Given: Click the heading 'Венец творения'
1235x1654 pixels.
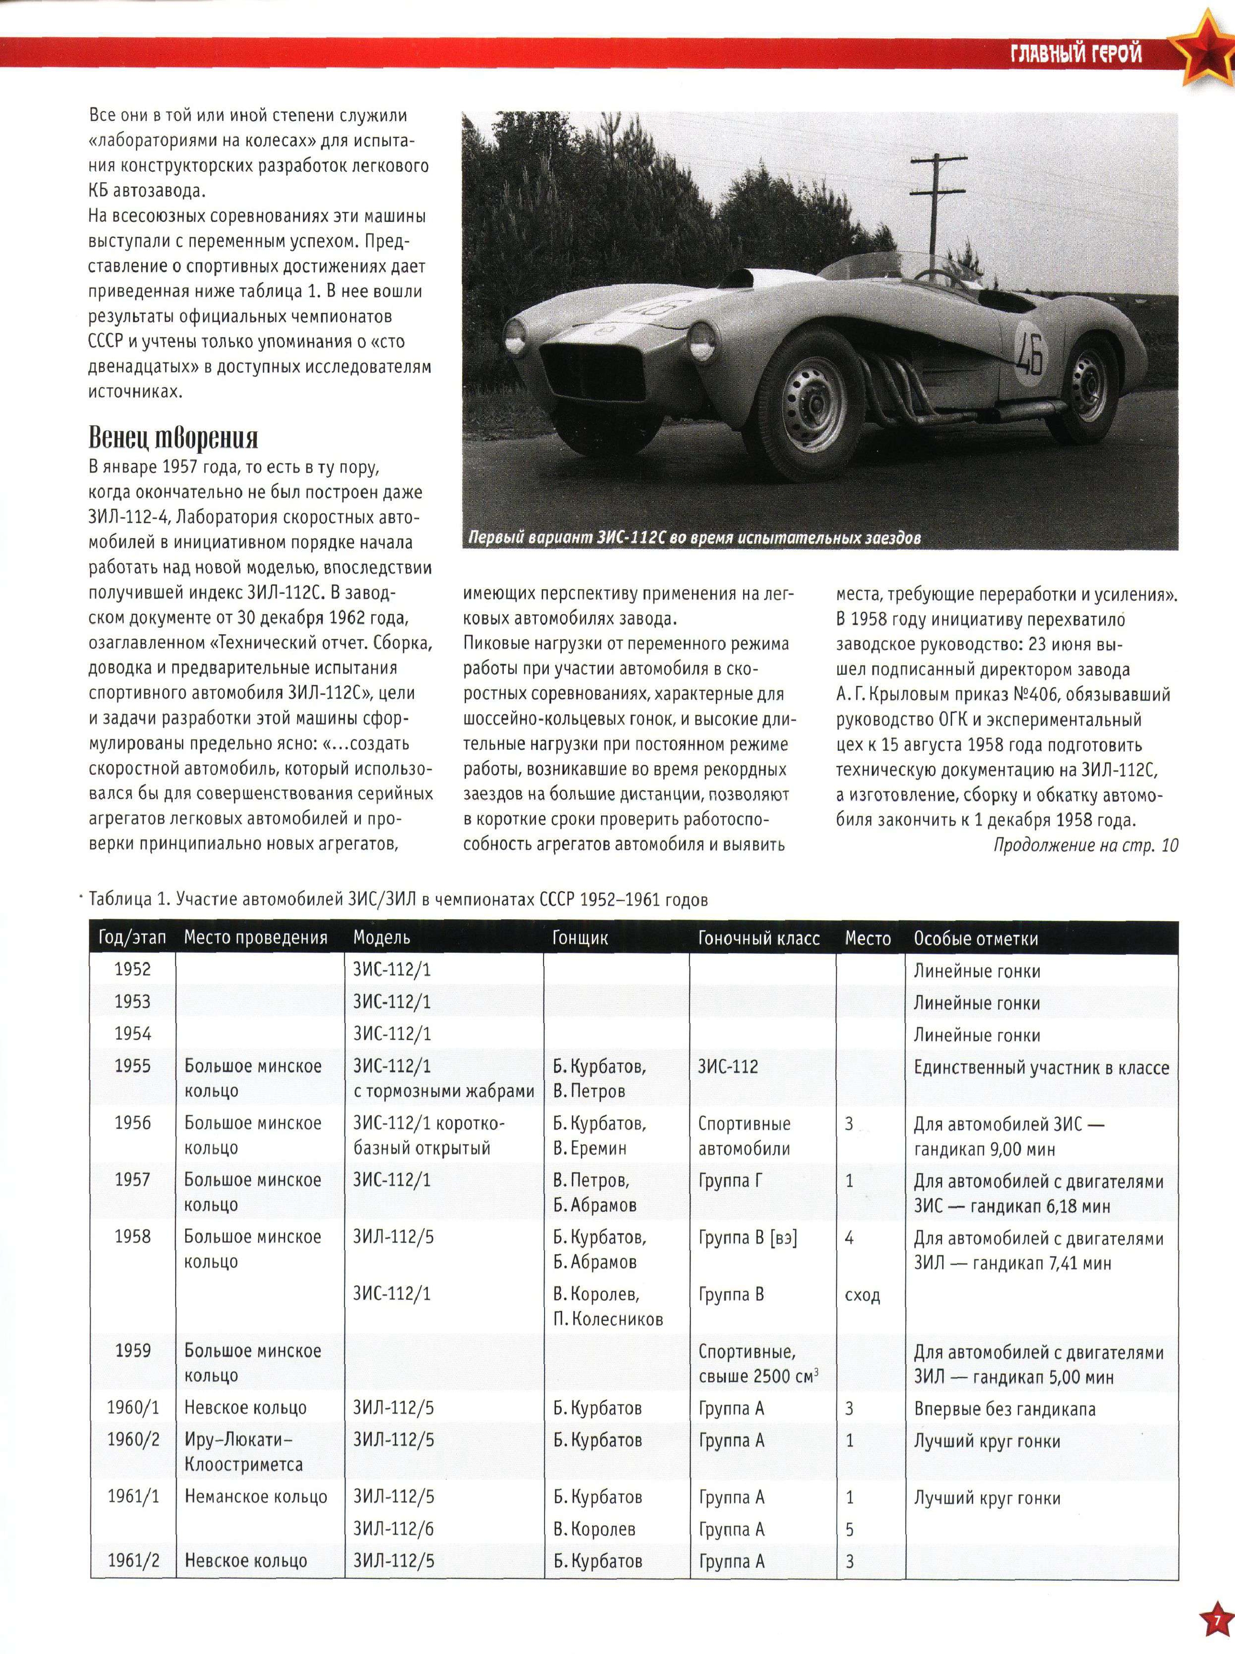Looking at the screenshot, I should [173, 437].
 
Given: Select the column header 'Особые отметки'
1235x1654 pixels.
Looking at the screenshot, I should [976, 938].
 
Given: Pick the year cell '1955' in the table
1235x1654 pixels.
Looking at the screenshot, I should [133, 1066].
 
